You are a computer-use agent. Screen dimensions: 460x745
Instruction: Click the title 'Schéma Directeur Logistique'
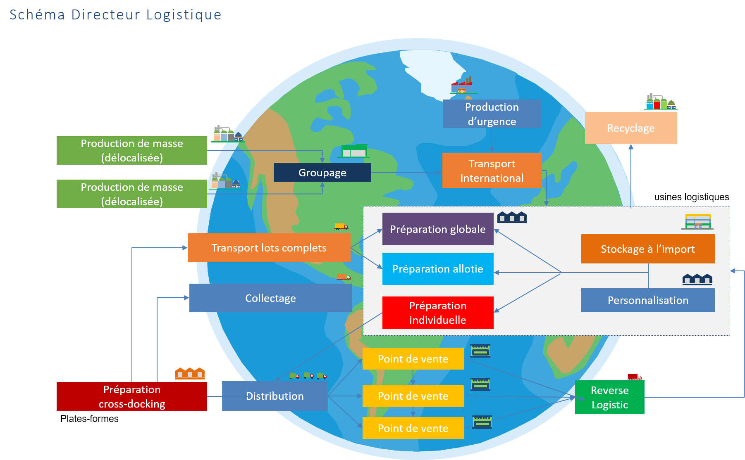click(115, 15)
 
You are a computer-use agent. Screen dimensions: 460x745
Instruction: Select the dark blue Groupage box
click(322, 173)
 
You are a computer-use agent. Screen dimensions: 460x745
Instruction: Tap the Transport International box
click(492, 171)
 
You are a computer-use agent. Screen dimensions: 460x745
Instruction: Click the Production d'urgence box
click(492, 114)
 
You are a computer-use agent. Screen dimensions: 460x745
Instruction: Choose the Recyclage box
click(630, 128)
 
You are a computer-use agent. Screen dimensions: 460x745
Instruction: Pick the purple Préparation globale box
click(437, 229)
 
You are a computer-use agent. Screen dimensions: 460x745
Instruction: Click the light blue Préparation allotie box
click(437, 269)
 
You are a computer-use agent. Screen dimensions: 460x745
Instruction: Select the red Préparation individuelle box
click(437, 313)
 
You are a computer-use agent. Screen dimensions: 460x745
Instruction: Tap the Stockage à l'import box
click(647, 249)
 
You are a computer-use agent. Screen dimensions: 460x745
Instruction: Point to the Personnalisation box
click(647, 300)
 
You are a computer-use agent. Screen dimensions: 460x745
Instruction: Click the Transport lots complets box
click(269, 248)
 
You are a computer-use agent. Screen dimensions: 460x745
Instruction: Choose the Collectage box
click(270, 298)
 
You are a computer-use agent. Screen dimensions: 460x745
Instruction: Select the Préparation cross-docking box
click(131, 396)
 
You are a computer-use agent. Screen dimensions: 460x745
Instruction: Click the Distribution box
click(275, 396)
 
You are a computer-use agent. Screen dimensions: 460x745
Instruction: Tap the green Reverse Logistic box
click(609, 397)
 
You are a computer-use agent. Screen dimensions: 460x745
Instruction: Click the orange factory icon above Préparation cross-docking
click(190, 373)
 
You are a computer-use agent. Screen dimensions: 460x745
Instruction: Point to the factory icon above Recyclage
click(661, 102)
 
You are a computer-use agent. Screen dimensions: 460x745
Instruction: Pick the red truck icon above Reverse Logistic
click(634, 377)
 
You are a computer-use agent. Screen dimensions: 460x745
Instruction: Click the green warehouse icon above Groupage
click(354, 152)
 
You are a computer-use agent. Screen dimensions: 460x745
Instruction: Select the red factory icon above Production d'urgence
click(463, 85)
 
